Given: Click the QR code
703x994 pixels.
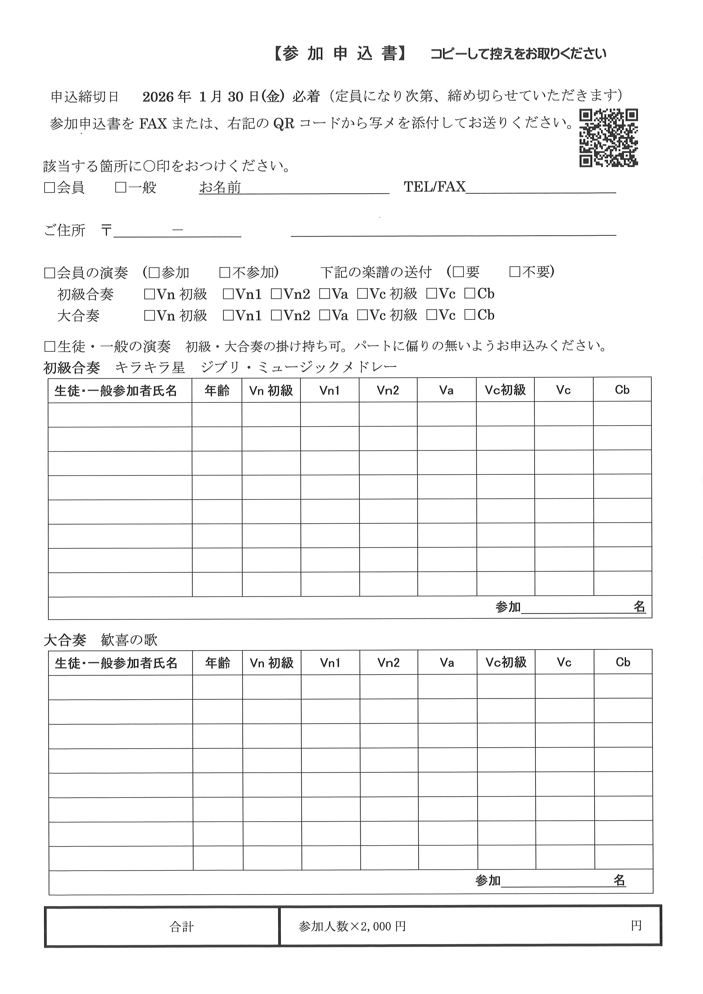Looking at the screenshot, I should [x=608, y=138].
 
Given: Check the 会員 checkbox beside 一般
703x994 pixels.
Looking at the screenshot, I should [x=49, y=187].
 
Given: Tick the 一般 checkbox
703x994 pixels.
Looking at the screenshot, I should [x=120, y=187].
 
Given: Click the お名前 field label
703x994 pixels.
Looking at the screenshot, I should [x=220, y=187].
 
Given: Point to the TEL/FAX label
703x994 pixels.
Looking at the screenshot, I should [x=434, y=186].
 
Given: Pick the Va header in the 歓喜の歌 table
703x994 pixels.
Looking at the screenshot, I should [x=447, y=662].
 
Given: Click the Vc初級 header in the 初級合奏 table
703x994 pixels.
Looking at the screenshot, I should [x=505, y=390].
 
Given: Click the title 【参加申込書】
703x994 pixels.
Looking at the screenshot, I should [x=340, y=54].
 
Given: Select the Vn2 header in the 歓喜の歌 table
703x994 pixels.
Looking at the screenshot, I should [x=388, y=662].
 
